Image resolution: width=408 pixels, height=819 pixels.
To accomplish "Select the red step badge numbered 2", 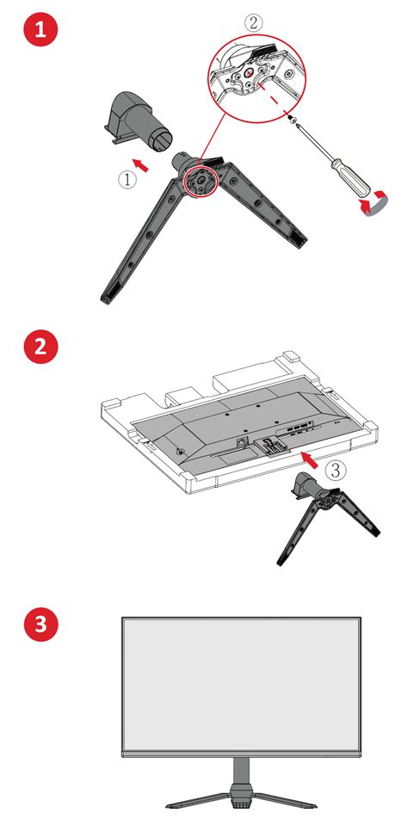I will (x=40, y=348).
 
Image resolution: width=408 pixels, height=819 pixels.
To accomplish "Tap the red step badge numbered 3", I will (x=40, y=625).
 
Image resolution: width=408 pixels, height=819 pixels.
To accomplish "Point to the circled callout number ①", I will (x=126, y=179).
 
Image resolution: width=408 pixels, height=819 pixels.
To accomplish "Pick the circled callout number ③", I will (x=338, y=470).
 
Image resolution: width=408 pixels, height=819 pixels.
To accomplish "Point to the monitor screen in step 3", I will (x=240, y=685).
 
